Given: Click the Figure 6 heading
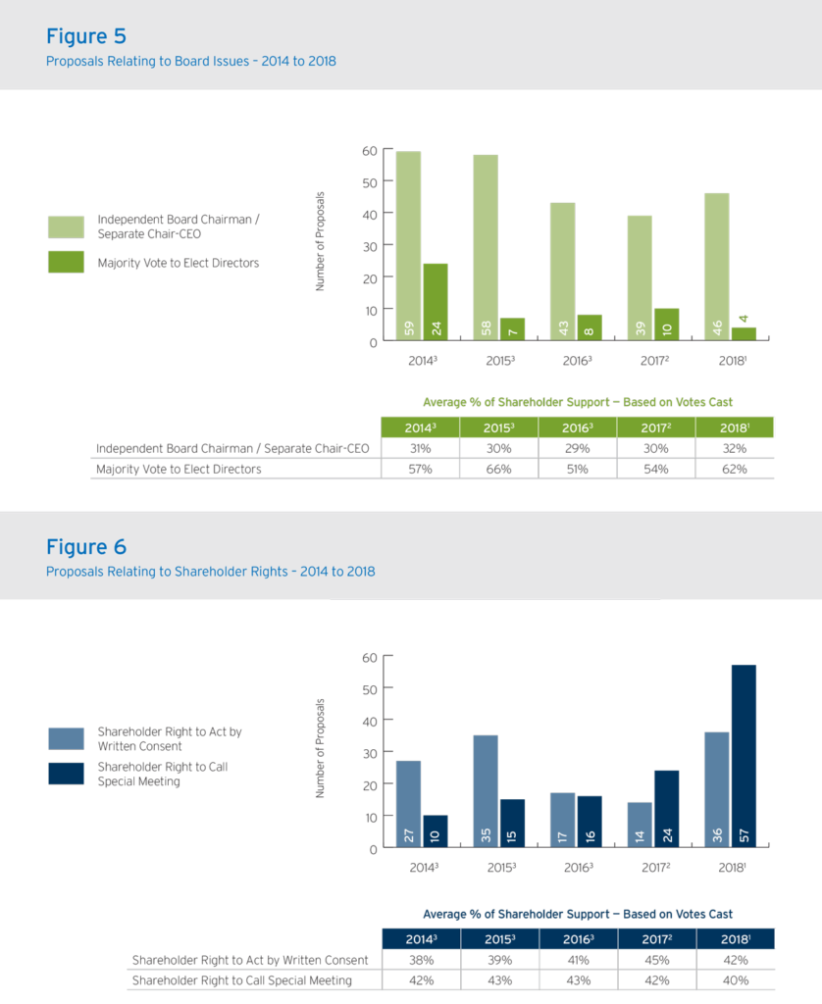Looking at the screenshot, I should tap(86, 546).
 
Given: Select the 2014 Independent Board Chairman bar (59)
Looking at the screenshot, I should tap(409, 247).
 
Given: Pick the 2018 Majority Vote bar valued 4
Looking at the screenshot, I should tap(744, 334).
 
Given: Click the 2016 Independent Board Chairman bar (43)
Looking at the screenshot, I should tap(563, 273).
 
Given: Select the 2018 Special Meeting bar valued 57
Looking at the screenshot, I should tap(744, 756).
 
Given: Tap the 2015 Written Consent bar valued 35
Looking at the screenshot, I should tap(486, 791).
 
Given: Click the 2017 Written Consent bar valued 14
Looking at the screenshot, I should tap(640, 825).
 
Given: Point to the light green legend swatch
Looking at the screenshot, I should tap(66, 227).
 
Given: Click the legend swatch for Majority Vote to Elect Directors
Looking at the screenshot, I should tap(66, 262).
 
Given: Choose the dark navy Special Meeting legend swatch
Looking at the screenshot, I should tap(66, 773).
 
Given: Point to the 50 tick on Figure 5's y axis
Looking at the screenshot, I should tap(370, 182).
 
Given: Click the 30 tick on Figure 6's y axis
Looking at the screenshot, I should tap(370, 752).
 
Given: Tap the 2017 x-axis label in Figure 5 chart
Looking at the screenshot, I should tap(654, 361).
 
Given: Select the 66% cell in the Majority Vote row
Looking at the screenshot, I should tap(498, 469).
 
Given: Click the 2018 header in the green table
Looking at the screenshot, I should tap(735, 427).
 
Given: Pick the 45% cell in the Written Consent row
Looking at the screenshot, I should tap(656, 960).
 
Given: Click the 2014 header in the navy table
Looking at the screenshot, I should tap(421, 939).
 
